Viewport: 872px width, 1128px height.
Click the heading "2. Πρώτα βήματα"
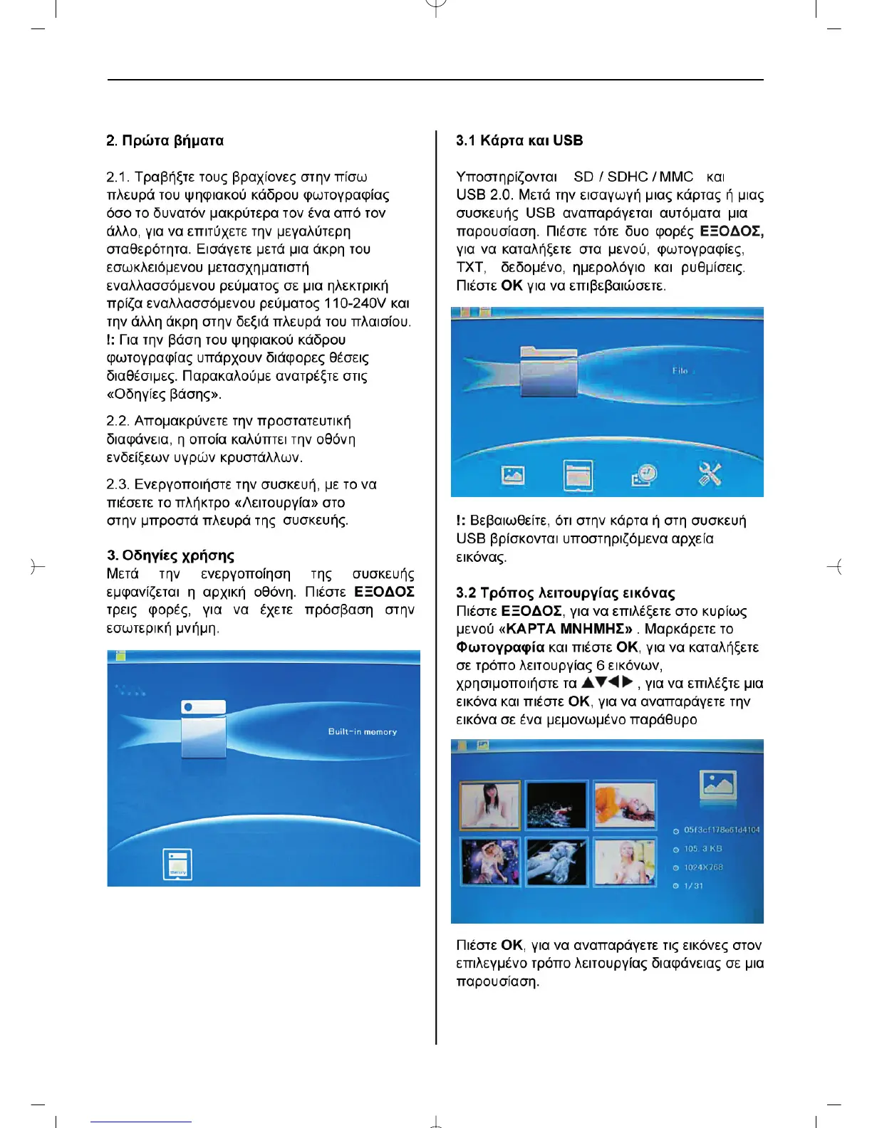pyautogui.click(x=165, y=141)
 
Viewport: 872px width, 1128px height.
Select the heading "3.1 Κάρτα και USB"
pyautogui.click(x=519, y=141)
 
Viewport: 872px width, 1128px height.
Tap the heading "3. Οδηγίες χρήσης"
pyautogui.click(x=170, y=555)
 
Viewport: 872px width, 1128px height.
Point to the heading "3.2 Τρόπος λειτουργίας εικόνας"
pyautogui.click(x=566, y=592)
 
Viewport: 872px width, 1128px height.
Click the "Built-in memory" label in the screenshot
pyautogui.click(x=363, y=731)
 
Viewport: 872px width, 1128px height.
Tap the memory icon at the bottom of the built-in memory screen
pyautogui.click(x=177, y=865)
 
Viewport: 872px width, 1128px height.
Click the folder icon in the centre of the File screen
pyautogui.click(x=549, y=372)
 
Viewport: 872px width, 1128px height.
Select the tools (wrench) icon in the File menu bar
pyautogui.click(x=710, y=474)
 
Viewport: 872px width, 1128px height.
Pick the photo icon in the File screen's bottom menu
pyautogui.click(x=513, y=475)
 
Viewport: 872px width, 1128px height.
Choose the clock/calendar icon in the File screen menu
pyautogui.click(x=644, y=475)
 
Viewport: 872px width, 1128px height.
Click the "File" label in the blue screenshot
pyautogui.click(x=680, y=370)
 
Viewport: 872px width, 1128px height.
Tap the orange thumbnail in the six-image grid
pyautogui.click(x=625, y=805)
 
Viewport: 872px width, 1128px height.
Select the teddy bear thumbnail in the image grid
pyautogui.click(x=556, y=862)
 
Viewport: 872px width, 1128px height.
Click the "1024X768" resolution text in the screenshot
pyautogui.click(x=703, y=867)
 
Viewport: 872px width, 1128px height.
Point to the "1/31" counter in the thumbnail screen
pyautogui.click(x=693, y=886)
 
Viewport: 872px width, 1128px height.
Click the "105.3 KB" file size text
pyautogui.click(x=702, y=849)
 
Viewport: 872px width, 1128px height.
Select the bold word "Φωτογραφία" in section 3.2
pyautogui.click(x=500, y=648)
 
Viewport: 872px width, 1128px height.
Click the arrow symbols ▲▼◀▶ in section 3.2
pyautogui.click(x=608, y=682)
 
